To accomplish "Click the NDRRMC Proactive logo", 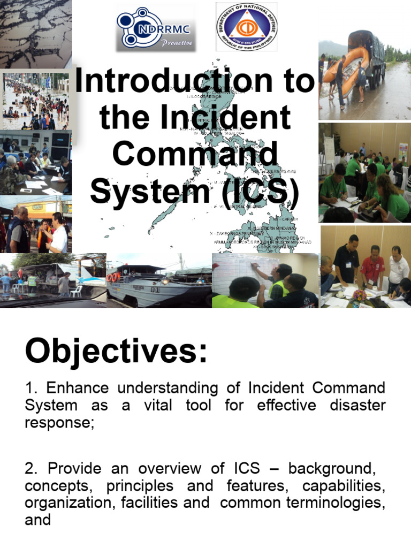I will (x=156, y=27).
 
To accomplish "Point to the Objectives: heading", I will (x=116, y=352).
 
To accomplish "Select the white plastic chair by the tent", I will (x=78, y=291).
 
